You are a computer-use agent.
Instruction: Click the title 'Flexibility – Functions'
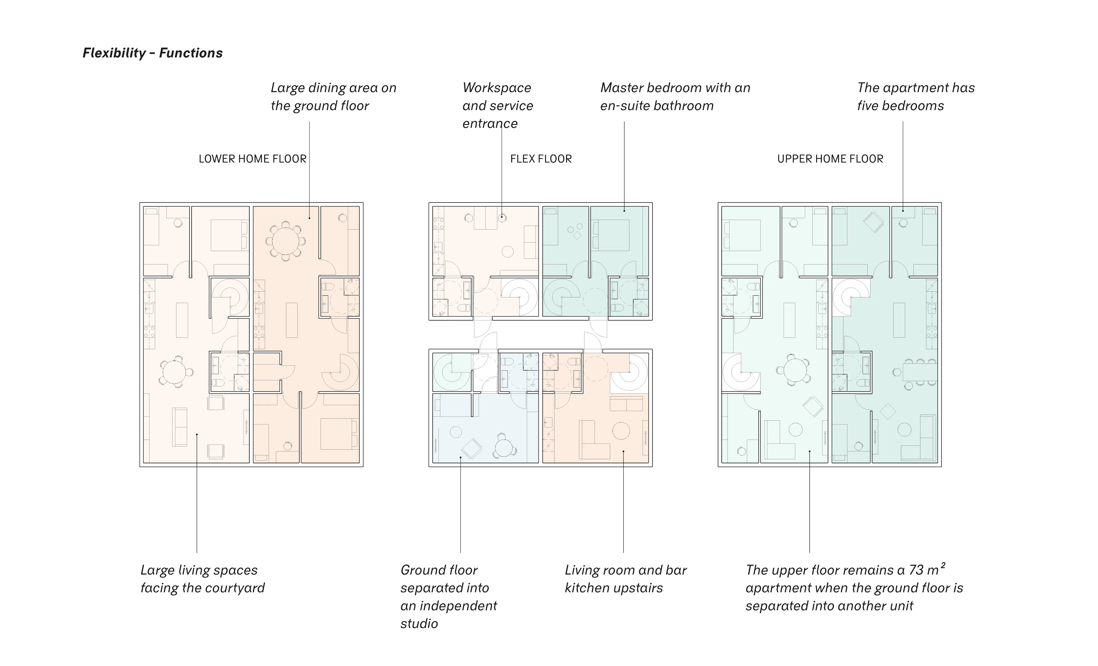point(152,53)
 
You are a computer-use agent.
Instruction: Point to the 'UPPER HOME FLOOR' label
point(830,159)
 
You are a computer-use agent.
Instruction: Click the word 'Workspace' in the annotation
point(497,88)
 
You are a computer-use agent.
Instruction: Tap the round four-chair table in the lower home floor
point(176,371)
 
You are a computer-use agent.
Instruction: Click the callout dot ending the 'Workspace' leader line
point(502,218)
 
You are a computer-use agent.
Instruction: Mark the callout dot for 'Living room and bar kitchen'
point(623,451)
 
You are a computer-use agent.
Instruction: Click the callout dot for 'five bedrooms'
point(903,210)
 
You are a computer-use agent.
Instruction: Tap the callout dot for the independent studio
point(460,457)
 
